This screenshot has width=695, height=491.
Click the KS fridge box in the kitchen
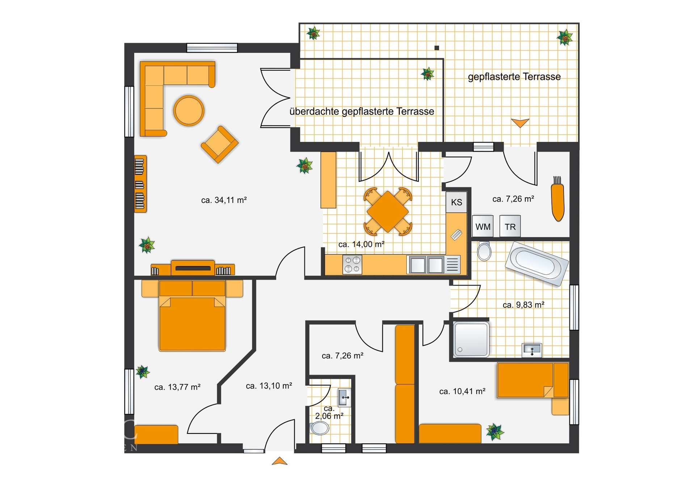456,202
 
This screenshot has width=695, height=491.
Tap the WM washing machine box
483,227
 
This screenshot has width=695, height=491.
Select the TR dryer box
510,227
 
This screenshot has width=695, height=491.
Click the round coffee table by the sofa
189,110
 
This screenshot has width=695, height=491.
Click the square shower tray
471,339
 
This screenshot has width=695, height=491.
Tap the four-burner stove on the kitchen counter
352,264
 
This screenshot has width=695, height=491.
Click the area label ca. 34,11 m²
224,200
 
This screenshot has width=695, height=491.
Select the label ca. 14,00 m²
361,245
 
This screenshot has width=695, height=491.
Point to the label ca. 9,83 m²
523,305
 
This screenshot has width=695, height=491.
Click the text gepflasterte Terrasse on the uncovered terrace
514,77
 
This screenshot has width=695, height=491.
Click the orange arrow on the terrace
520,123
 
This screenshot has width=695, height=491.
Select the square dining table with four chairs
388,211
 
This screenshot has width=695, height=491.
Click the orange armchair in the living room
220,144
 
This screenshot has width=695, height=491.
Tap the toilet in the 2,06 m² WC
319,428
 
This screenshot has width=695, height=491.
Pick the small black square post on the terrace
437,48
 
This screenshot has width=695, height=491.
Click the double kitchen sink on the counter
426,264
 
